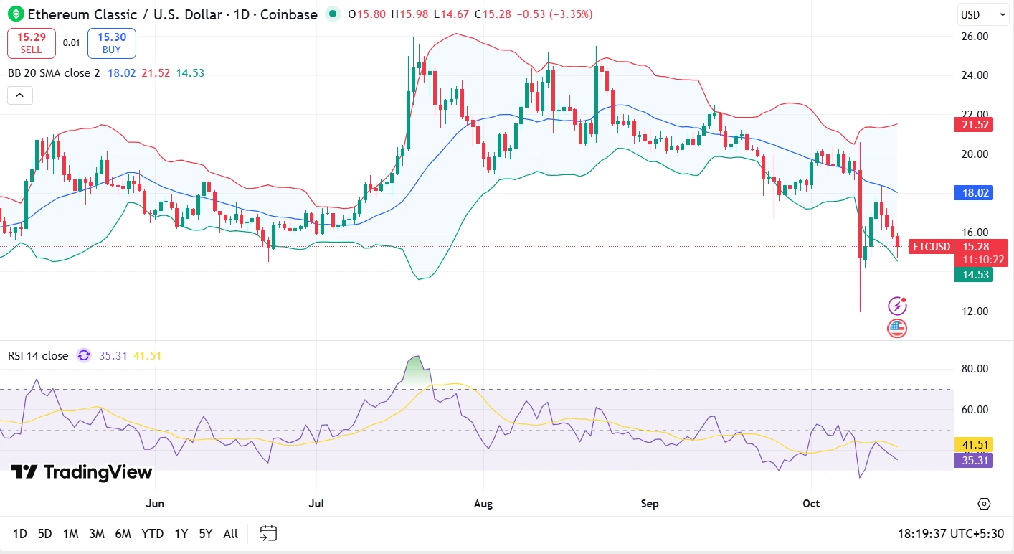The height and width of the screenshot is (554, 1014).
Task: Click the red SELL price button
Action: (32, 43)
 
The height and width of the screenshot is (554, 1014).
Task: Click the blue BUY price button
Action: (112, 43)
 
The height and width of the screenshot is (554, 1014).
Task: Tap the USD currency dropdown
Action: (982, 14)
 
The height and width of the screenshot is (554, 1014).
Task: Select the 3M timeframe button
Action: (97, 534)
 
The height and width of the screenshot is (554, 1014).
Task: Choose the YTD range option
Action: (152, 534)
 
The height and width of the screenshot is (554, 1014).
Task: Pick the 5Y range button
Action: (206, 534)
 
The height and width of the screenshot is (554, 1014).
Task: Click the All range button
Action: (231, 534)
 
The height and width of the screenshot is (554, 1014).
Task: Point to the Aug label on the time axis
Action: (483, 504)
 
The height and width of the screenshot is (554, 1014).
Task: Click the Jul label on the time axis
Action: (316, 504)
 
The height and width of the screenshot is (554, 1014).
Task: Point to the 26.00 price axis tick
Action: (975, 36)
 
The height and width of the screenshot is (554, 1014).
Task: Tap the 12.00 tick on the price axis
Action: (975, 311)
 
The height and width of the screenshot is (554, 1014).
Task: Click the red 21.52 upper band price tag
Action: (973, 124)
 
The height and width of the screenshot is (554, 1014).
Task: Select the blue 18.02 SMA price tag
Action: (973, 192)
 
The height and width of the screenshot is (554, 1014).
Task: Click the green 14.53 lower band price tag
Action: (973, 274)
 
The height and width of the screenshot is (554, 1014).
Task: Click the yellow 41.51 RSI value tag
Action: (973, 444)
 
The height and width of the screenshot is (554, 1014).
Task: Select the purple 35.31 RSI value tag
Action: (973, 460)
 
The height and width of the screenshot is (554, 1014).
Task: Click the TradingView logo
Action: (81, 472)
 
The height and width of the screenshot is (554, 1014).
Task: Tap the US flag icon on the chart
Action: (897, 329)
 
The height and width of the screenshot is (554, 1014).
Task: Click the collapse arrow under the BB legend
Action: (20, 95)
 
